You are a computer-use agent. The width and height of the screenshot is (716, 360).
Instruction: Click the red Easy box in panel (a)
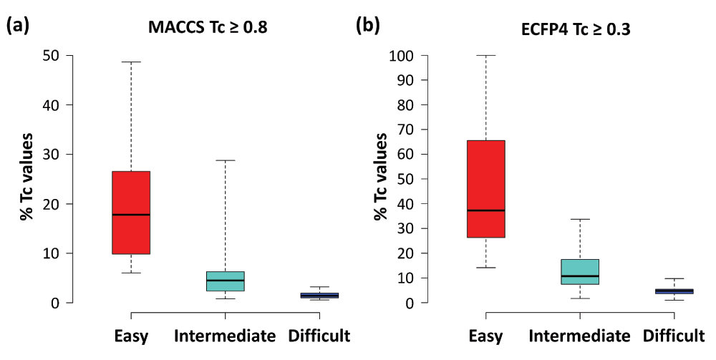coord(130,213)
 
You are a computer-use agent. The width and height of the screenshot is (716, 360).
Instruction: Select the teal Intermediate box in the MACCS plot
coord(225,281)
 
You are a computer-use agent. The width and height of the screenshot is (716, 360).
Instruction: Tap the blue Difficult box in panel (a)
coord(319,295)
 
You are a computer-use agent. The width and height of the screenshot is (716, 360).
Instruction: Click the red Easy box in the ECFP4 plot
coord(485,188)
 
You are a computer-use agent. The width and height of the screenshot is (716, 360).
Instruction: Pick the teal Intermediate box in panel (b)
coord(580,272)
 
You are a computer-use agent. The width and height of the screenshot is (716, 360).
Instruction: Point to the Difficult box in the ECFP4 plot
coord(674,291)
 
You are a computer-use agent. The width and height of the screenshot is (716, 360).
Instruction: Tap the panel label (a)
coord(18,27)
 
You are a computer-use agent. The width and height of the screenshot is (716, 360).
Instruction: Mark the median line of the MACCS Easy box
coord(130,215)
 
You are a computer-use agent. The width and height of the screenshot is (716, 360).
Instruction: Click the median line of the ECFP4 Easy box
coord(485,210)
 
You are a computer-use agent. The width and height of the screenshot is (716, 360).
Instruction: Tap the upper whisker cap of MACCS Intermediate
coord(225,160)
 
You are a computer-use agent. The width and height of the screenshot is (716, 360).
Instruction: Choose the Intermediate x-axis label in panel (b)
coord(580,336)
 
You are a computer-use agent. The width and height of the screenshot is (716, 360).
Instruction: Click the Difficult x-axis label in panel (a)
coord(319,336)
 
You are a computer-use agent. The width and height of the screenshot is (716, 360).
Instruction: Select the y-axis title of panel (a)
coord(26,175)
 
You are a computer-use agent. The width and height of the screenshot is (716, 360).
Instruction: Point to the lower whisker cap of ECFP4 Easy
coord(485,268)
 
